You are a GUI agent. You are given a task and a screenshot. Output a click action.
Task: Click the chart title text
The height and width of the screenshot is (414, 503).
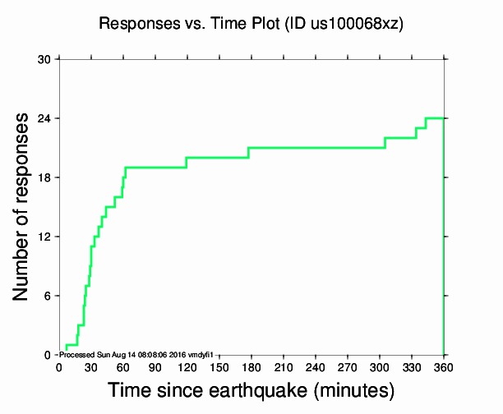click(251, 24)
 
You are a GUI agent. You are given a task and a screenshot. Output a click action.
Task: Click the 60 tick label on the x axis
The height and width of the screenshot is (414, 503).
click(123, 366)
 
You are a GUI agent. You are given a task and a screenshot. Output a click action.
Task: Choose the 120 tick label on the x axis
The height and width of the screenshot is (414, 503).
click(187, 366)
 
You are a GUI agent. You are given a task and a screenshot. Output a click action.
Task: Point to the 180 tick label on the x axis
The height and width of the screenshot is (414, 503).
click(251, 366)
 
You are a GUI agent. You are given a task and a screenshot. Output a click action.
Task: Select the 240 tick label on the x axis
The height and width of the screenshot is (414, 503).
click(315, 366)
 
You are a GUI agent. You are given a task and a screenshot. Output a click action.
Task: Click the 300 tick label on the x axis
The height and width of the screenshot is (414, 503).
click(379, 366)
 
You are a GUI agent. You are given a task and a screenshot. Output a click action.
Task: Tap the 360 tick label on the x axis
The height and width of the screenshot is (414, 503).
click(444, 366)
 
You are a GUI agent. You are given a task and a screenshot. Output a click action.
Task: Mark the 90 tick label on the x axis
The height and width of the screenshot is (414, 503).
click(155, 366)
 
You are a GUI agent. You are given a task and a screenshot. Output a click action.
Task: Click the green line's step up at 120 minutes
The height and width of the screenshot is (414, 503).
click(187, 162)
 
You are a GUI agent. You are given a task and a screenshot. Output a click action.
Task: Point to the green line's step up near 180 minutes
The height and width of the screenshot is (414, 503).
click(248, 152)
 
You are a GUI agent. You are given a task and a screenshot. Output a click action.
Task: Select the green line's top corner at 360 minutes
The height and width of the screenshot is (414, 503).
click(444, 118)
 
